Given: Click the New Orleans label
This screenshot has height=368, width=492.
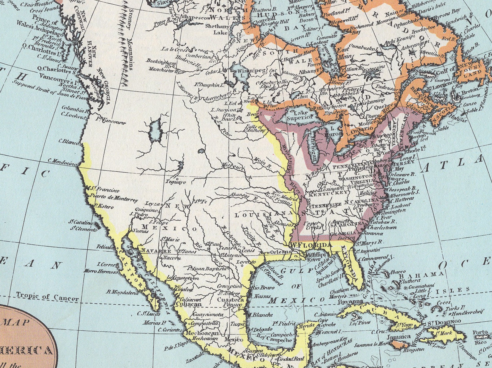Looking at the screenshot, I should pos(275,252).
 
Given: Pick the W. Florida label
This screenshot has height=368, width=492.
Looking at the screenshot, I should pos(310,245).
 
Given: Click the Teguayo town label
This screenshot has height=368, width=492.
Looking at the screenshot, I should pos(176,182).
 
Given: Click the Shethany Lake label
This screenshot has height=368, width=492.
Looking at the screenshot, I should pos(217,29).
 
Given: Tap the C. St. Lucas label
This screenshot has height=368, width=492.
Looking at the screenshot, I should pos(149,314).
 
